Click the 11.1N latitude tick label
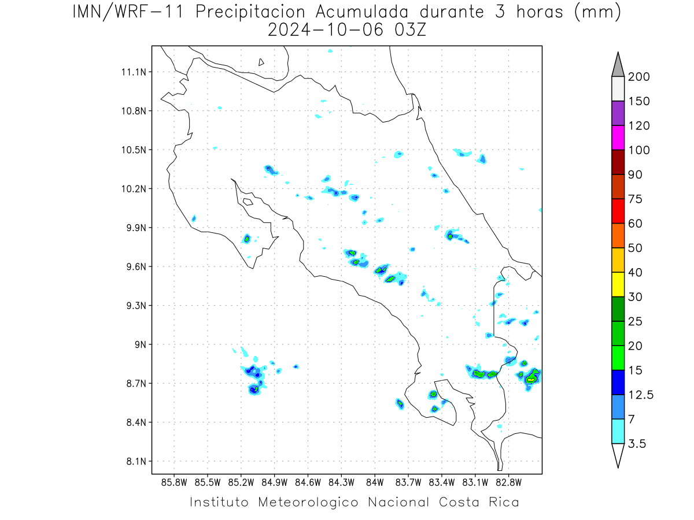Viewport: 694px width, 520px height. coord(134,72)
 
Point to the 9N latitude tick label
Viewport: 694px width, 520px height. coord(141,344)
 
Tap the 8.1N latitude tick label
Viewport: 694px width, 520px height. coord(136,461)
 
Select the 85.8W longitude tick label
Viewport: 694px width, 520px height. coord(174,483)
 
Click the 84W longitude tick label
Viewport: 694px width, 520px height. coord(375,483)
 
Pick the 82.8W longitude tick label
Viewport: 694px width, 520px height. coord(508,483)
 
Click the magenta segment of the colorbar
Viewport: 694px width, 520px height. coord(618,138)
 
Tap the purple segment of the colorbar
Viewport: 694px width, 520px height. coord(618,113)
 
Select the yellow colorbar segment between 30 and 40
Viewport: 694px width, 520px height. coord(618,284)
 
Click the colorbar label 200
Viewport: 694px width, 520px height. coord(638,77)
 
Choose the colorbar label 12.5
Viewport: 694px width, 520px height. coord(641,395)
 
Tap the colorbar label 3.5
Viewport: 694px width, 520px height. coord(637,444)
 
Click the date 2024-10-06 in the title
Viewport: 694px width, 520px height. coord(326,30)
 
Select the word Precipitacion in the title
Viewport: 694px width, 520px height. coord(250,12)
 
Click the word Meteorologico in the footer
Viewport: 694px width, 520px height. coord(308,503)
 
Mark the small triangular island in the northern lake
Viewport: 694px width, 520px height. coord(261,62)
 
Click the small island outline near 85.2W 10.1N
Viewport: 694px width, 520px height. coord(248,202)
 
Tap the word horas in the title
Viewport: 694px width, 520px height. coord(540,12)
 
